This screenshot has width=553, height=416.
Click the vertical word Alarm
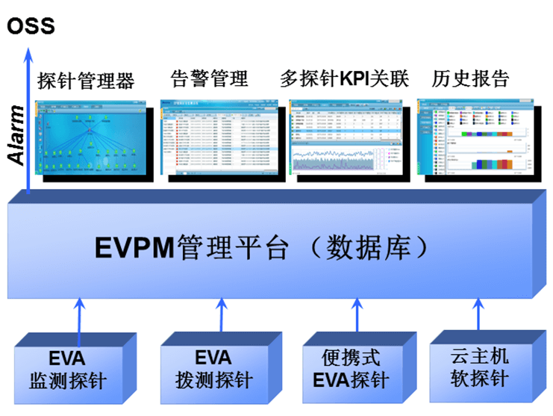pos(16,135)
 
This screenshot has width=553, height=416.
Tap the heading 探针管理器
pos(86,80)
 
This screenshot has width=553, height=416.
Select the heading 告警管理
pos(210,78)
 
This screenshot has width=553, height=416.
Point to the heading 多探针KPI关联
pos(344,78)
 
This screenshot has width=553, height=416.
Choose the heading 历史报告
pos(471,78)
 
